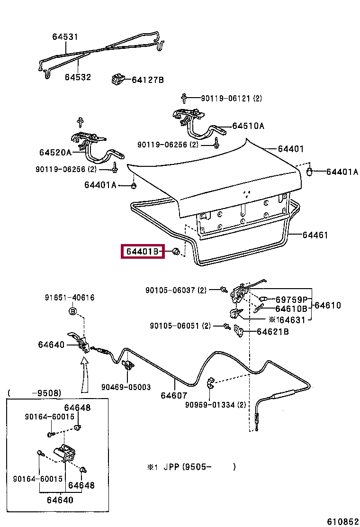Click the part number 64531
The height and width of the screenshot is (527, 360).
[65, 37]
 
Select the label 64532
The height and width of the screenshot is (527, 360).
[78, 77]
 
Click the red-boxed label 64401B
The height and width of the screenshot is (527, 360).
[143, 252]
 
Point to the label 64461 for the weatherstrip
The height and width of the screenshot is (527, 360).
[315, 235]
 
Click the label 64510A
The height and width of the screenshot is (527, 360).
[248, 126]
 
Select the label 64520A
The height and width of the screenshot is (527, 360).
[55, 152]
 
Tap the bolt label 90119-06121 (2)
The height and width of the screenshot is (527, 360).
[231, 99]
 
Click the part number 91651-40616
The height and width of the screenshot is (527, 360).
[70, 298]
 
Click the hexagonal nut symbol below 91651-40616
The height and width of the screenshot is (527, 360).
[72, 311]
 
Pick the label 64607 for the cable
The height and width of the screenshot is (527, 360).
[174, 395]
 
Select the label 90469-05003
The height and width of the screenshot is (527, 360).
[126, 387]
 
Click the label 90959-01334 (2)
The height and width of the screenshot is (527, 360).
[216, 405]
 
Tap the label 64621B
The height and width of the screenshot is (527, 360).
[273, 332]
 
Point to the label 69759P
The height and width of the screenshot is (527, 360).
[292, 300]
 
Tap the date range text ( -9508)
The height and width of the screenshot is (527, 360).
[34, 393]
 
